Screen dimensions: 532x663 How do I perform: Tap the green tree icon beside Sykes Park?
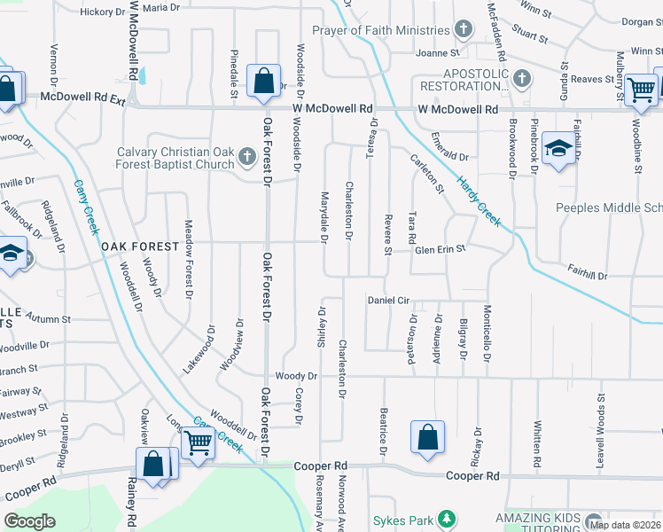448,518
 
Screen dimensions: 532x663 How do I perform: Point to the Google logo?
30,521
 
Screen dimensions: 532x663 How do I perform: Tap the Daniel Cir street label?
392,301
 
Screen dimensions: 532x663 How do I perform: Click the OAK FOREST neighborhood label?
139,246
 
